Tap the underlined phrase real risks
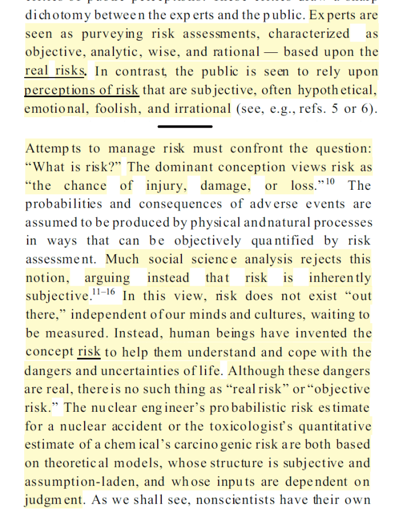56,71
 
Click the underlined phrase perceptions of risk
81,90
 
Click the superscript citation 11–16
104,293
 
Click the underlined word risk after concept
89,352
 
